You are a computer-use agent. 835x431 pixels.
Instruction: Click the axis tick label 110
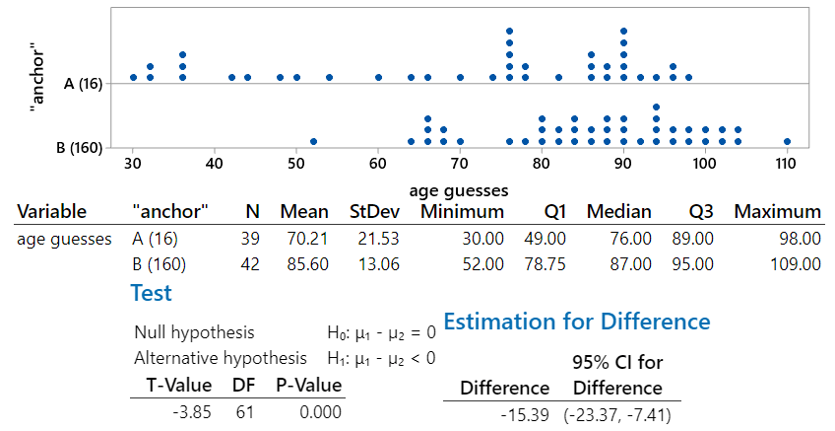[785, 162]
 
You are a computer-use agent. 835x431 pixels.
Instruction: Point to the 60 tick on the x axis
[378, 162]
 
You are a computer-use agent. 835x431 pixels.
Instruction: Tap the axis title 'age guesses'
[459, 189]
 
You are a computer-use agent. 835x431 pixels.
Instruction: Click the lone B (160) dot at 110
[787, 141]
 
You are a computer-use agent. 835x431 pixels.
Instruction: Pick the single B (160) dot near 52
[313, 141]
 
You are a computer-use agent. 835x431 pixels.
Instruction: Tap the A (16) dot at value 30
[134, 77]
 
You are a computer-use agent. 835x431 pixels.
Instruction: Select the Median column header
[618, 211]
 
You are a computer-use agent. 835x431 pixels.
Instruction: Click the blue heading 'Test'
[151, 293]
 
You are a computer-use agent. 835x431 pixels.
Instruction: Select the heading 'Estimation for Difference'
[577, 322]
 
